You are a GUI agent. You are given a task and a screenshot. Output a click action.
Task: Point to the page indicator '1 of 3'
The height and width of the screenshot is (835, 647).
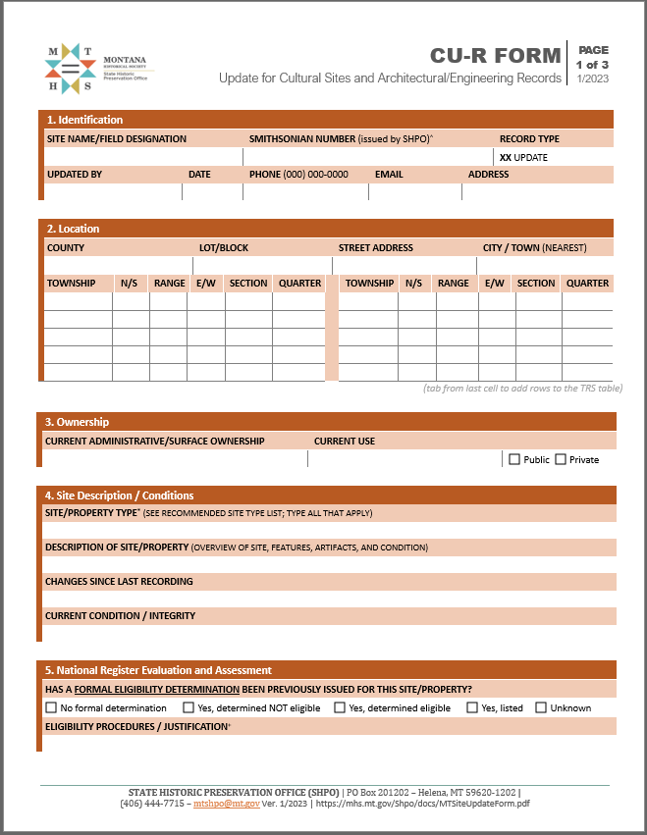[592, 64]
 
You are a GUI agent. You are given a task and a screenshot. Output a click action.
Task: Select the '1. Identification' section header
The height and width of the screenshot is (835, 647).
[85, 120]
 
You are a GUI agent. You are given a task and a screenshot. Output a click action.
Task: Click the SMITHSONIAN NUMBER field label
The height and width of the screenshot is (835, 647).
[340, 139]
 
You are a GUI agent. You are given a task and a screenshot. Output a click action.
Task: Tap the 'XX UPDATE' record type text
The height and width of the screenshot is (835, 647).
[523, 157]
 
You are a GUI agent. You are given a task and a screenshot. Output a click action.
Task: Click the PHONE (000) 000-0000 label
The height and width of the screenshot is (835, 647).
[298, 175]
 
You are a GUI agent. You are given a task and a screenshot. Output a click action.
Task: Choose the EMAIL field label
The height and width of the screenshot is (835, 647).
[389, 175]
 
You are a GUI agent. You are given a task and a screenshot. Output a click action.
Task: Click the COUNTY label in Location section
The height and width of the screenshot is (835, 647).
[66, 248]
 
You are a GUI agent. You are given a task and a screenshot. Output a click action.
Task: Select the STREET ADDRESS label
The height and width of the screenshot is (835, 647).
[376, 248]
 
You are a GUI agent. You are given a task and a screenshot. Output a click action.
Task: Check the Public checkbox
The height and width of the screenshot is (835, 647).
[514, 459]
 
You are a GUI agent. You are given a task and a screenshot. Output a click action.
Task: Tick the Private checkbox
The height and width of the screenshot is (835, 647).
[561, 459]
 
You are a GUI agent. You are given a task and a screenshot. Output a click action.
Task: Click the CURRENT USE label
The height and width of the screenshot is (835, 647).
[345, 442]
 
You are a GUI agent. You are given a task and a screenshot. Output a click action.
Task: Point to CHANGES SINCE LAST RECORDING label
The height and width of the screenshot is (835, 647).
[119, 582]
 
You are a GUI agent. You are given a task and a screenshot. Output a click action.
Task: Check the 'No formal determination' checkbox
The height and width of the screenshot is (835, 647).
[51, 707]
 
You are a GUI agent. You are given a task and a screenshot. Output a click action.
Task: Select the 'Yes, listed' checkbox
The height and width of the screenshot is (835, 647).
[472, 707]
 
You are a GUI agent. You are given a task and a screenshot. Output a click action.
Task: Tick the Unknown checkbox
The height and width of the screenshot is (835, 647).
[541, 707]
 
